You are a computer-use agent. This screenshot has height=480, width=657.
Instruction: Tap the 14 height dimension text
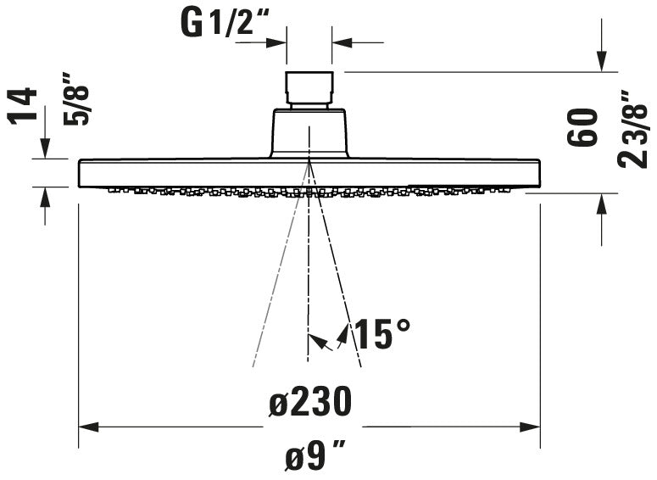tap(27, 105)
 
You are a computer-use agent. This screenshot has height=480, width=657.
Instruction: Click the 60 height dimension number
tap(583, 127)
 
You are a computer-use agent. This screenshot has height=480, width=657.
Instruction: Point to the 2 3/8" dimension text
tap(634, 129)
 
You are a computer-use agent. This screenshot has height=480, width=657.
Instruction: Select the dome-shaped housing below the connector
tap(309, 133)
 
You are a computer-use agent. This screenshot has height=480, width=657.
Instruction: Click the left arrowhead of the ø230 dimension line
tap(86, 427)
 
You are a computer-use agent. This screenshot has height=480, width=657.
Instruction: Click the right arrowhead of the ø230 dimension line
tap(533, 427)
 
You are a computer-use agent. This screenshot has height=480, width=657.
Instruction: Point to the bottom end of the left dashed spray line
tap(253, 366)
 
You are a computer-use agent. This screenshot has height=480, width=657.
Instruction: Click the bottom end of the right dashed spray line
tap(362, 366)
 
